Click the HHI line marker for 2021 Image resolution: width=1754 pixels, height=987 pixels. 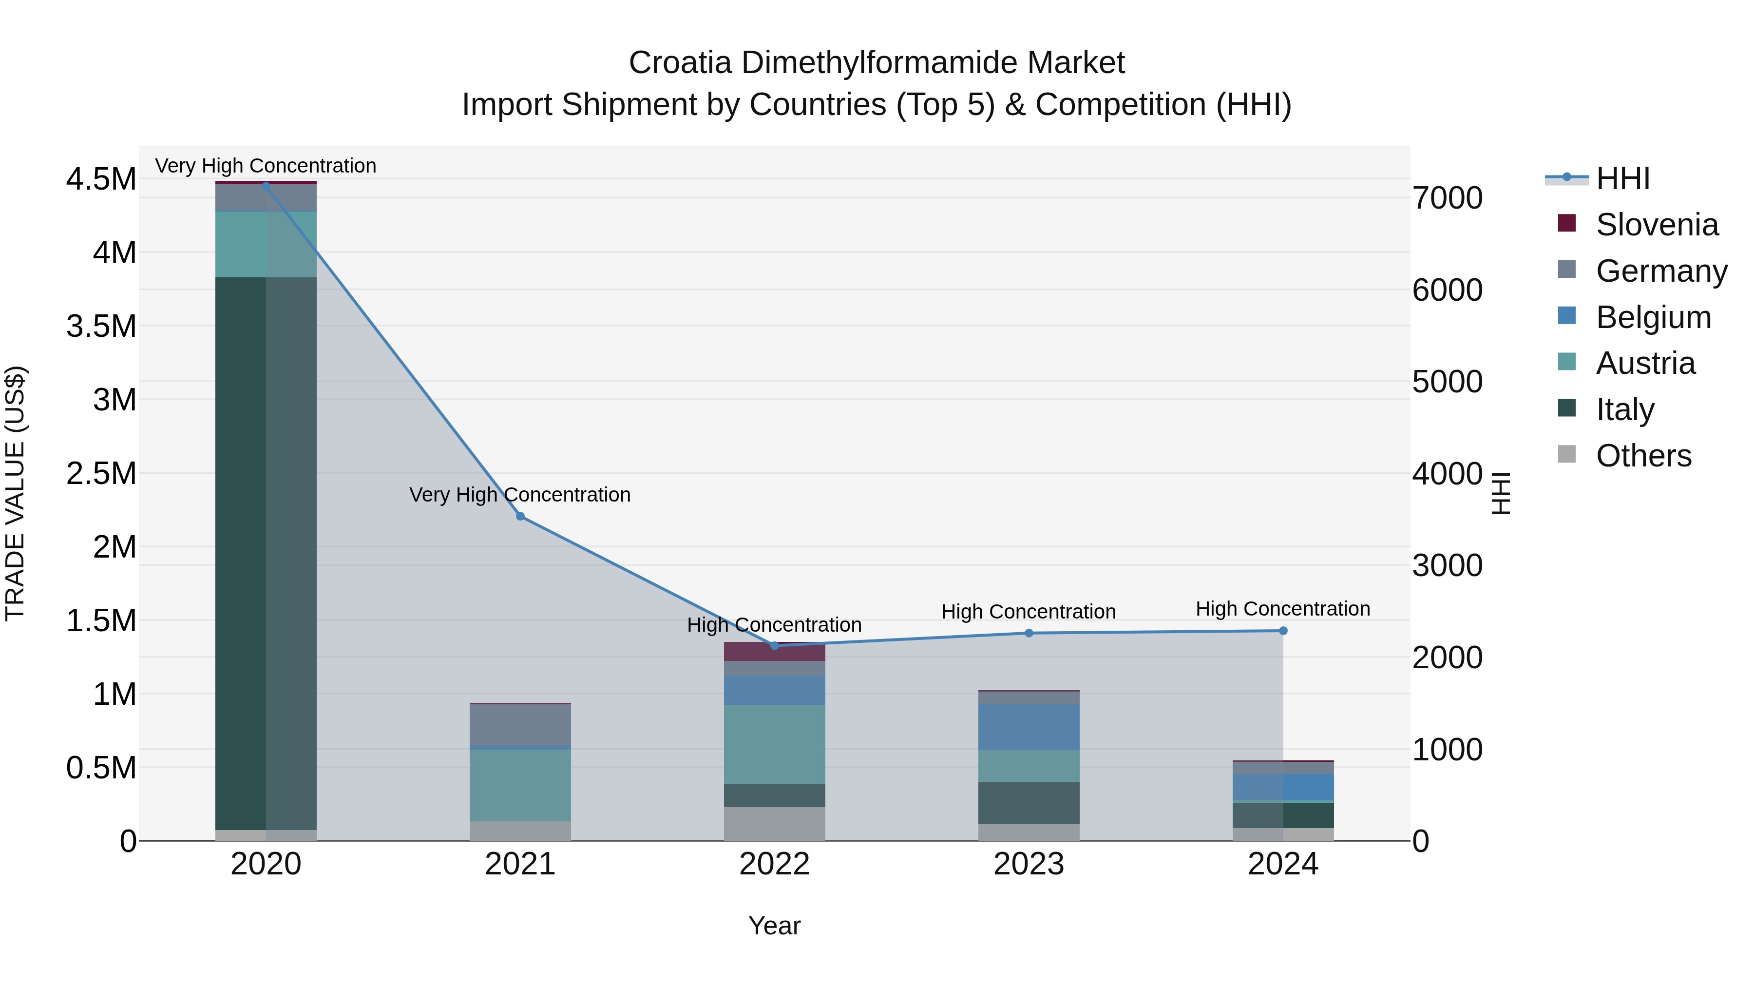(520, 516)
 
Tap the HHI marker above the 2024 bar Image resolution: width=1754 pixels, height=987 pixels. (1283, 631)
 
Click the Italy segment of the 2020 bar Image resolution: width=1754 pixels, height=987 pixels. (266, 552)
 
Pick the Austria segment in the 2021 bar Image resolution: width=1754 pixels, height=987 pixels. (520, 785)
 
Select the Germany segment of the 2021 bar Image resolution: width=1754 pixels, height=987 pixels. (520, 725)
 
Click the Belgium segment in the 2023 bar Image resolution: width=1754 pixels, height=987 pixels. (1029, 727)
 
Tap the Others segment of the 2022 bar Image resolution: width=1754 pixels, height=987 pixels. (774, 824)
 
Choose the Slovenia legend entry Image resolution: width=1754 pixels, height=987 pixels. (1656, 225)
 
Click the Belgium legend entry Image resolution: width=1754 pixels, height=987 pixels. (1653, 317)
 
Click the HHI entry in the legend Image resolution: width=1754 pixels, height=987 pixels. (1622, 178)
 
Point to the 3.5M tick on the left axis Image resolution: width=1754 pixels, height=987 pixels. (101, 326)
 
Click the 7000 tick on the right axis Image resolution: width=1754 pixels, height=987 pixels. (1448, 198)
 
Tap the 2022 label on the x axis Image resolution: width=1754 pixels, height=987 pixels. (774, 864)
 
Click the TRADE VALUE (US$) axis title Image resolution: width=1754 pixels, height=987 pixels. (16, 493)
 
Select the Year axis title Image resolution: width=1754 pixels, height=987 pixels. (774, 926)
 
